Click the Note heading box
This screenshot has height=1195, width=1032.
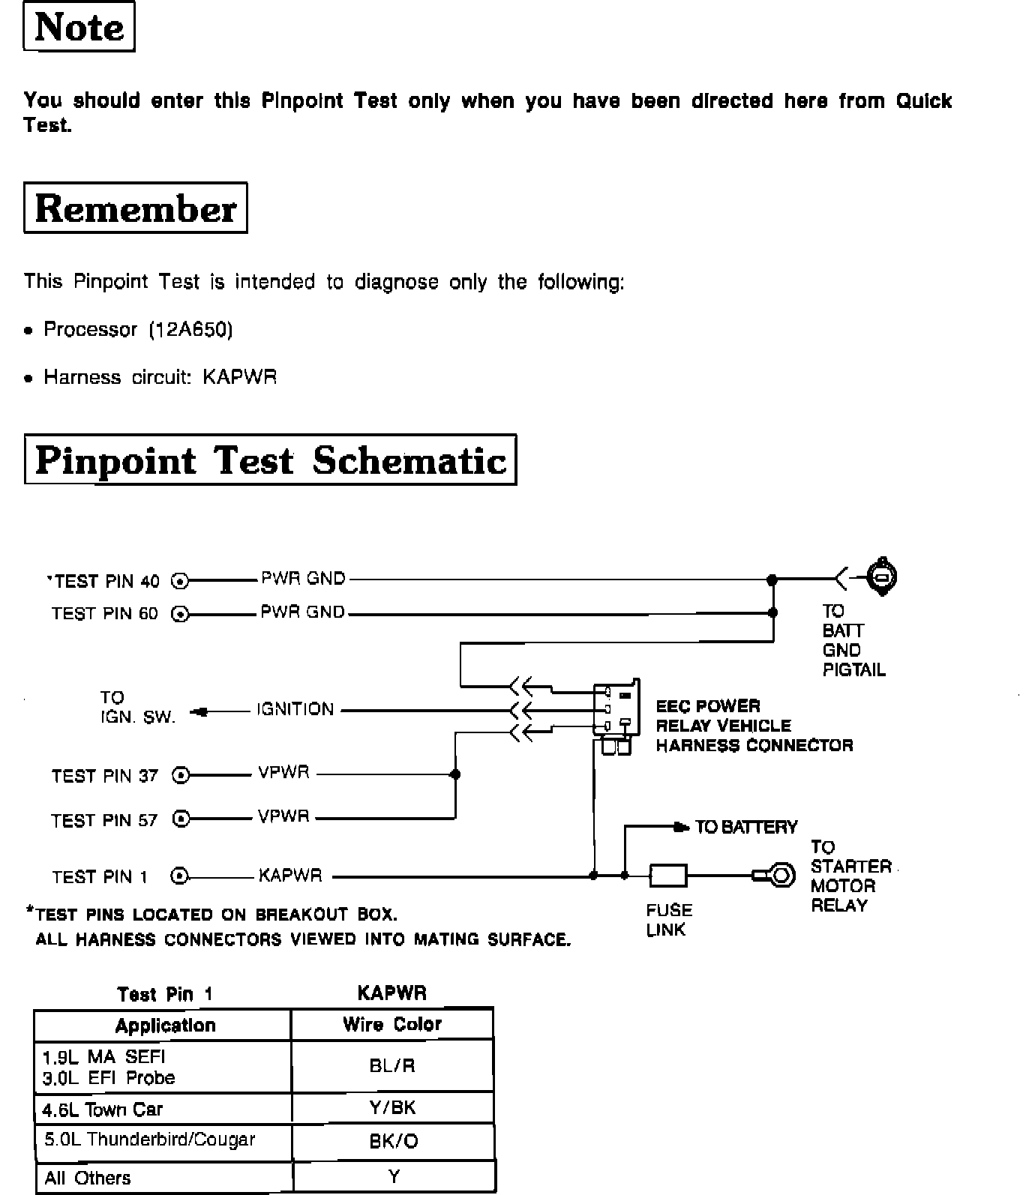point(79,27)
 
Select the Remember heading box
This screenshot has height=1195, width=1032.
point(135,208)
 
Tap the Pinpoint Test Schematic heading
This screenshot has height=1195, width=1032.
point(270,460)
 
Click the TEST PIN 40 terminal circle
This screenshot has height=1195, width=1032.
point(181,580)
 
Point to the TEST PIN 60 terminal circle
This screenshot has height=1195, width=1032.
point(181,614)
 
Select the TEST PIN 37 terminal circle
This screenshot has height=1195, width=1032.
point(181,774)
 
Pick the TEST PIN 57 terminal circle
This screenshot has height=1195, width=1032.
point(181,819)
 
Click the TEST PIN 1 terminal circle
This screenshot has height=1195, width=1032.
point(181,876)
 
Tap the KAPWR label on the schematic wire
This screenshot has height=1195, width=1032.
point(290,875)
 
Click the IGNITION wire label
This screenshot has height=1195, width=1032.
point(295,709)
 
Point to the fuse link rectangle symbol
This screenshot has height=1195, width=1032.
point(667,875)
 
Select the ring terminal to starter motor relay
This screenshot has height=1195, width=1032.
point(778,875)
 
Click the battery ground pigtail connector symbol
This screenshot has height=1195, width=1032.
point(882,577)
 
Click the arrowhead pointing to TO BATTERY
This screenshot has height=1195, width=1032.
point(681,827)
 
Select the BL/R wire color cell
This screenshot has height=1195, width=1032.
point(392,1065)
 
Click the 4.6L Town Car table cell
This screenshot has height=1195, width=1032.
point(162,1109)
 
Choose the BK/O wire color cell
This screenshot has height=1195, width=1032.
point(393,1142)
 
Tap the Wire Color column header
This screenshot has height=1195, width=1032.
point(392,1024)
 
